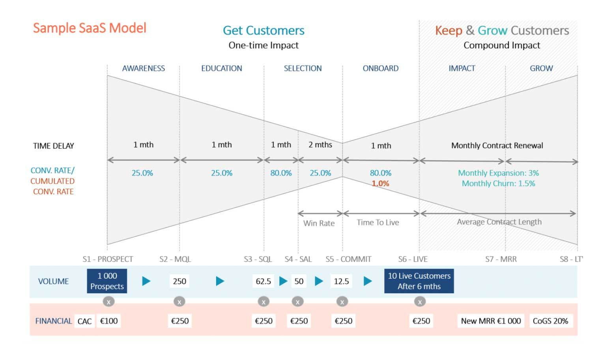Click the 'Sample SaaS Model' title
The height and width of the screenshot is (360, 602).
click(x=90, y=28)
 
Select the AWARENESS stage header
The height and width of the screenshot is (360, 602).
click(x=143, y=68)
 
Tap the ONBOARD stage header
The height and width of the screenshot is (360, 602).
click(x=380, y=68)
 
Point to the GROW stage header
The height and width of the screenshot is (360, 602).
click(x=541, y=68)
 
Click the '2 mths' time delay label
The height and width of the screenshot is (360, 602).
click(x=320, y=145)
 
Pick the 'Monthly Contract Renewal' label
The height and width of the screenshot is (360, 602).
click(x=497, y=145)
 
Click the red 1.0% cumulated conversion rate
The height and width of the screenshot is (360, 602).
click(x=380, y=184)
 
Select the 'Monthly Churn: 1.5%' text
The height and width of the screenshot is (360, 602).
click(x=498, y=184)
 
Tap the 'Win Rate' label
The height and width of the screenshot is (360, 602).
click(x=319, y=223)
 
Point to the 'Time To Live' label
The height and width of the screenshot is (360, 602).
click(x=378, y=223)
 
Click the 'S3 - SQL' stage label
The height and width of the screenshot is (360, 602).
click(x=258, y=259)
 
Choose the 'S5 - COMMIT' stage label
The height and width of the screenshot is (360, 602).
click(x=348, y=259)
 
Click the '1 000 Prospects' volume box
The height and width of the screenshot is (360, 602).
click(x=107, y=281)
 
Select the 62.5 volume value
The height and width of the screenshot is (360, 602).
click(x=263, y=281)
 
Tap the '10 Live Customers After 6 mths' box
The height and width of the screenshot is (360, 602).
click(x=419, y=281)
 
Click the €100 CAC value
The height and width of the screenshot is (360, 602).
click(x=109, y=321)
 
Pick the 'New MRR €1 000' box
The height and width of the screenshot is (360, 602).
click(x=491, y=321)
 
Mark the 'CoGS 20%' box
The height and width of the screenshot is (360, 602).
click(x=550, y=321)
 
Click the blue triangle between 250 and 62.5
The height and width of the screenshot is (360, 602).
click(x=220, y=281)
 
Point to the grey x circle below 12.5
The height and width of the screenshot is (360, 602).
click(x=342, y=302)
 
